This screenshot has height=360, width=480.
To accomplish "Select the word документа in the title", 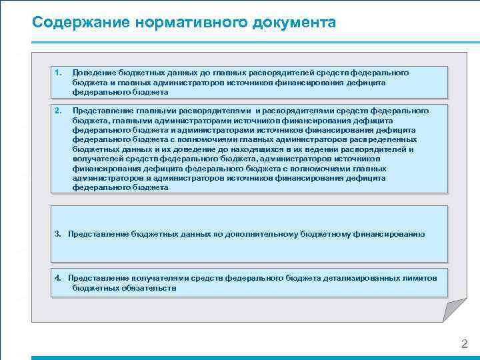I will pos(294,22).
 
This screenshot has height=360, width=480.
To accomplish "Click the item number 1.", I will pos(58,72).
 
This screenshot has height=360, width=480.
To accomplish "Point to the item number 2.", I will pos(58,111).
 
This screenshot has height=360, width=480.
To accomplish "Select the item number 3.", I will pos(58,234).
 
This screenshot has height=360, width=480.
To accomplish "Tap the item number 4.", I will pos(58,277).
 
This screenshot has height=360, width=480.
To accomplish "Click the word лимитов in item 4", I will pos(423,277).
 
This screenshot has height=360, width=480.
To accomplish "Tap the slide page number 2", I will pos(465,344).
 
